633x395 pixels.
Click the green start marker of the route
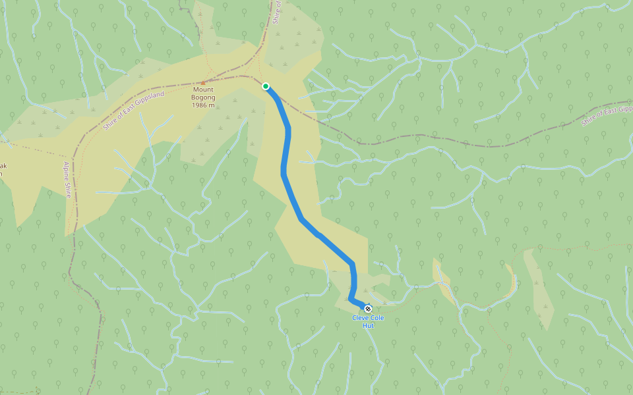266,86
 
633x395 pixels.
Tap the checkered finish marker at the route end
368,309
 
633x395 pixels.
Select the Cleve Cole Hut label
368,321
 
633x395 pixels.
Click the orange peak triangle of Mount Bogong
204,82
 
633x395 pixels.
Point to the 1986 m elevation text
204,105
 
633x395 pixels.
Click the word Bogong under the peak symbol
204,97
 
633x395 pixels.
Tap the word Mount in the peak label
204,90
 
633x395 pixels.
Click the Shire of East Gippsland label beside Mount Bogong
134,111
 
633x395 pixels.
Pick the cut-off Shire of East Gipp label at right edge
607,115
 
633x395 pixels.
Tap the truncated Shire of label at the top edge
278,11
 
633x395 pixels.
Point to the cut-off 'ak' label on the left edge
3,166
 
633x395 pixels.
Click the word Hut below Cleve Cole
368,325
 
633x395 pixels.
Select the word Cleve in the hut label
359,318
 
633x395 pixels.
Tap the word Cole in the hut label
377,318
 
